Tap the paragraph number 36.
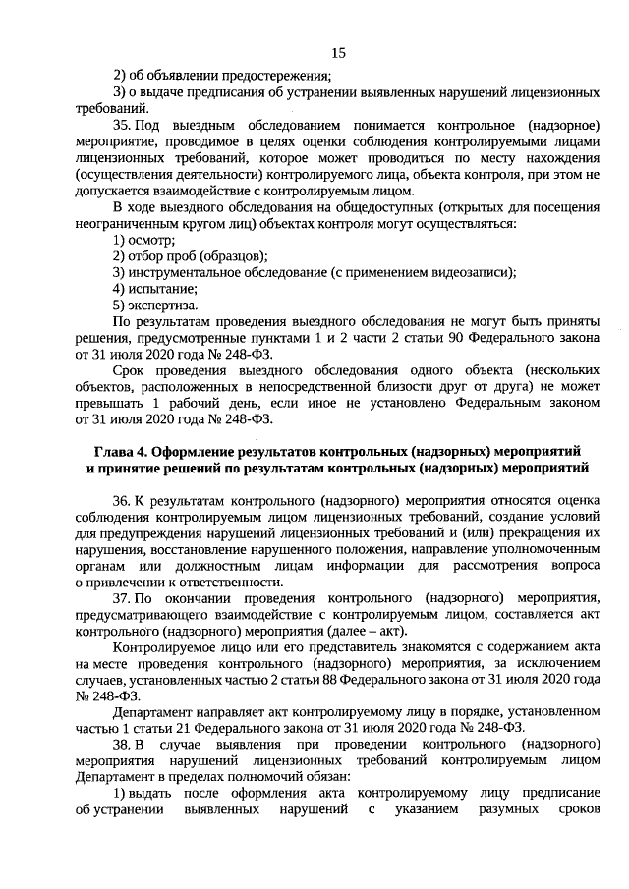pos(122,500)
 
